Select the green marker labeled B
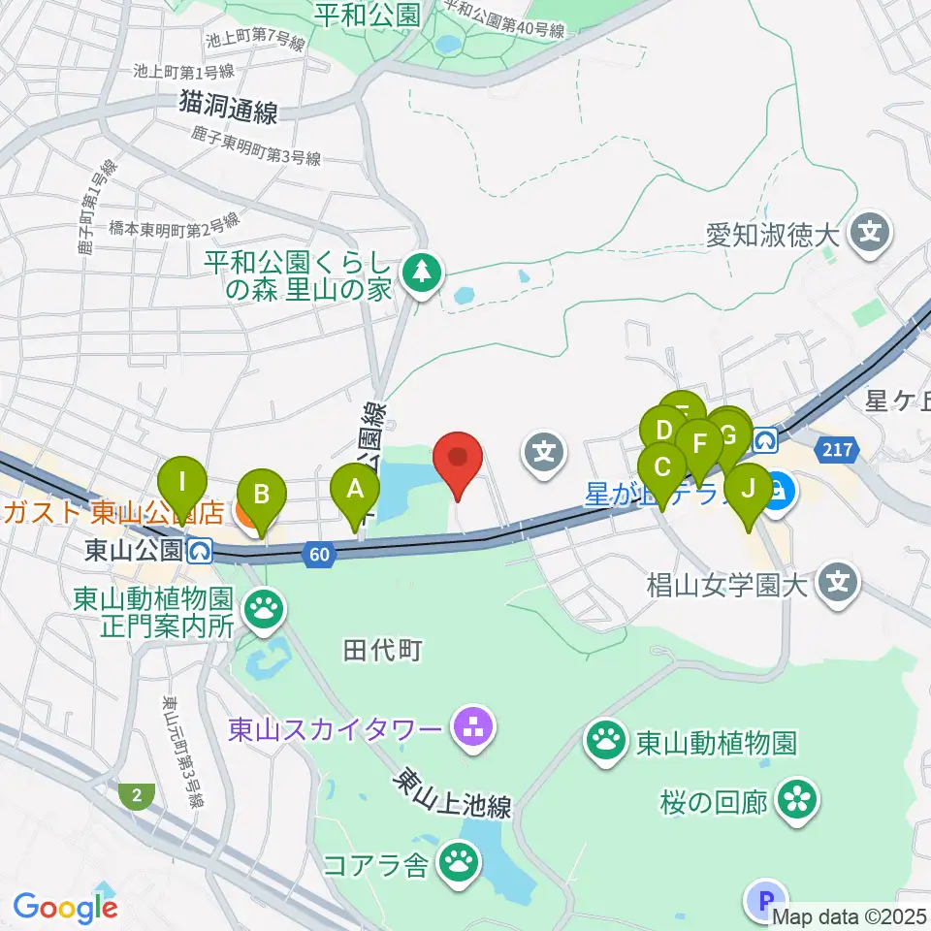pos(261,496)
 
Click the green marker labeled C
pos(663,468)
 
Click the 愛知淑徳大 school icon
pos(869,233)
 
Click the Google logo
pos(66,908)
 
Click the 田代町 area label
pos(382,650)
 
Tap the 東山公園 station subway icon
pos(201,551)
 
